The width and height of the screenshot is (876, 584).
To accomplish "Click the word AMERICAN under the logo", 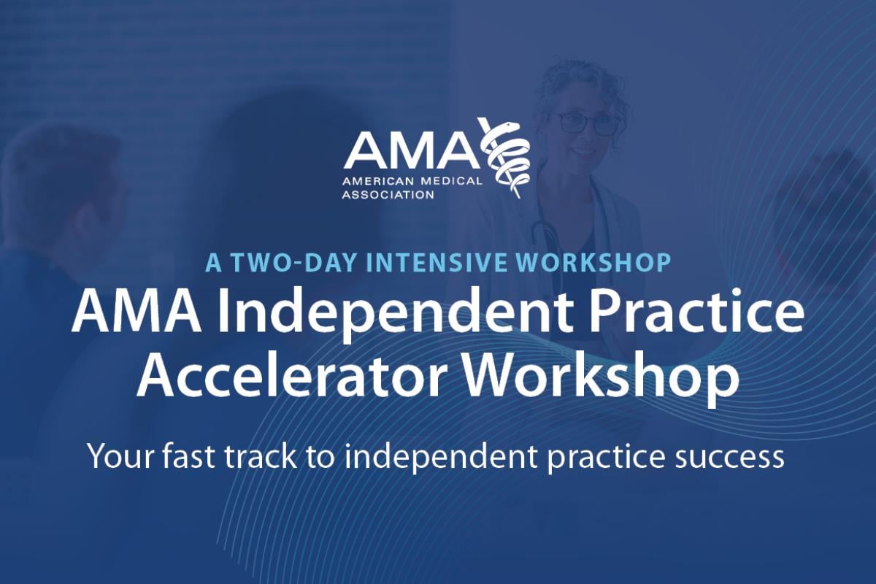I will (x=378, y=181).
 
